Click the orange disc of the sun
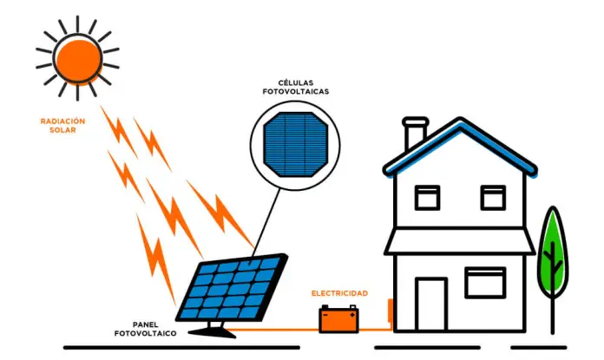coord(79,61)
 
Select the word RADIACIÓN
coord(62,121)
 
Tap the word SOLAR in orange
coord(62,130)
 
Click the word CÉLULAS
coord(296,82)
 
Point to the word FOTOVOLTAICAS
coord(296,92)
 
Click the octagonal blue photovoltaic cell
coord(295,144)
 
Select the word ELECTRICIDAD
coord(340,293)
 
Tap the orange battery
coord(339,319)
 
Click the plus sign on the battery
coord(352,315)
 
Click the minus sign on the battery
coord(325,315)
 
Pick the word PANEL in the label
coord(146,324)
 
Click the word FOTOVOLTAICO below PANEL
coord(146,333)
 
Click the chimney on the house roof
coord(415,133)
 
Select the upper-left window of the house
coord(428,198)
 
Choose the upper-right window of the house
coord(493,198)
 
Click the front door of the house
coord(431,304)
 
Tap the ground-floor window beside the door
coord(485,283)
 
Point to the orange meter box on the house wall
coord(391,310)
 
